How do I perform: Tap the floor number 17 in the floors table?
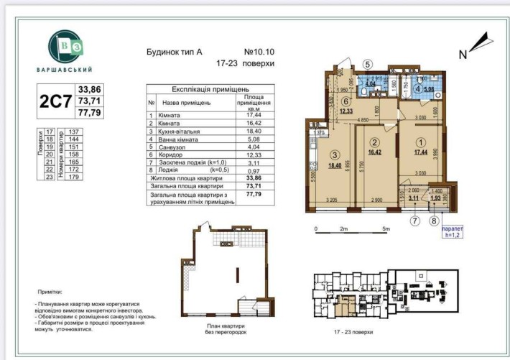point(50,132)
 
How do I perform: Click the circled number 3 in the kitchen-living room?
point(335,154)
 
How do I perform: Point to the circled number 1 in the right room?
point(422,142)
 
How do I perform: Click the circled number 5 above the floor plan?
point(367,64)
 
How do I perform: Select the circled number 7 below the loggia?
point(414,221)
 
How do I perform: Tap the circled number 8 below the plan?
point(434,221)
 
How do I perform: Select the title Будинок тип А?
point(175,52)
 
